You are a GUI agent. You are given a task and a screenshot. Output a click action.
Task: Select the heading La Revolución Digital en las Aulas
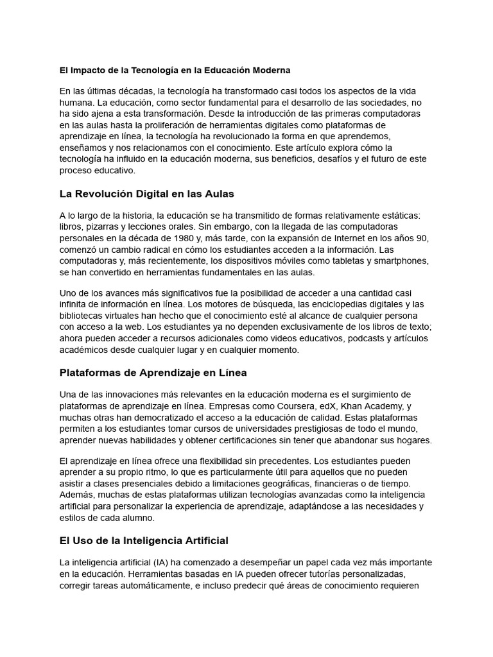(146, 193)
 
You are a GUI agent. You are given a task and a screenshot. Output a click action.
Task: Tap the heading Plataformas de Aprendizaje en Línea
(153, 372)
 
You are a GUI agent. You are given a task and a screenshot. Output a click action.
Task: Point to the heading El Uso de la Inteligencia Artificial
(144, 540)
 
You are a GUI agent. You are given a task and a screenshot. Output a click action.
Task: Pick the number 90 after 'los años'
(422, 238)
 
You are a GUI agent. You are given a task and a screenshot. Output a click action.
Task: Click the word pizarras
(105, 226)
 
